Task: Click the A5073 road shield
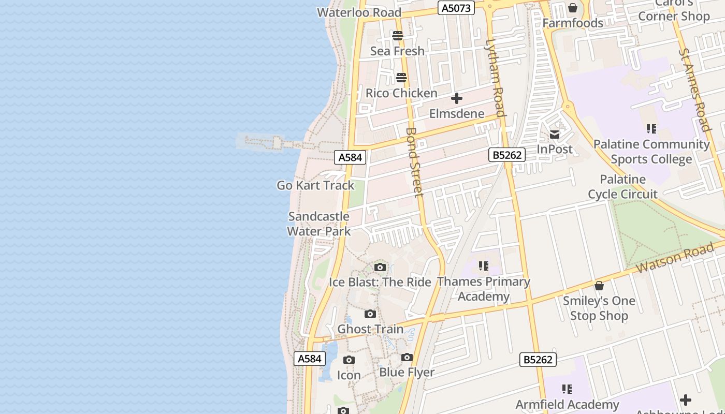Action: pos(456,8)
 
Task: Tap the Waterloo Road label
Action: pos(359,12)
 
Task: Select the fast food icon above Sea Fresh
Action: pos(398,36)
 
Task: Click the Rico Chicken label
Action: pos(401,93)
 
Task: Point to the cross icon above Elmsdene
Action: pos(457,98)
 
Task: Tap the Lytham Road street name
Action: pos(495,78)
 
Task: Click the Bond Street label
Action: pos(415,162)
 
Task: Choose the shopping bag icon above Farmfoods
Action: pos(573,8)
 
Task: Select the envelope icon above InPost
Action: pos(555,135)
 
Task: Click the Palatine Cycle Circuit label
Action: pos(622,187)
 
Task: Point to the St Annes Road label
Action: pos(695,90)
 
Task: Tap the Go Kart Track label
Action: pos(315,185)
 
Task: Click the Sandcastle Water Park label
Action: pos(319,224)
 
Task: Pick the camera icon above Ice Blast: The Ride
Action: pos(380,268)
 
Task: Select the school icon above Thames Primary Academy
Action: pos(484,267)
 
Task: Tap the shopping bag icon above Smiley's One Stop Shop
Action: pos(599,286)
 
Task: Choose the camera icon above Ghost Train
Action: pos(370,314)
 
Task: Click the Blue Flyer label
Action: pos(407,372)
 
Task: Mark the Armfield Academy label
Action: pos(567,404)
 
